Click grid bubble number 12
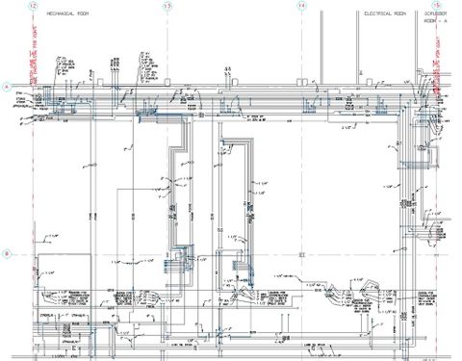(x=33, y=6)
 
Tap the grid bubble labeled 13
(x=167, y=6)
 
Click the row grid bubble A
(x=7, y=87)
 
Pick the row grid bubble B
(x=7, y=254)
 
